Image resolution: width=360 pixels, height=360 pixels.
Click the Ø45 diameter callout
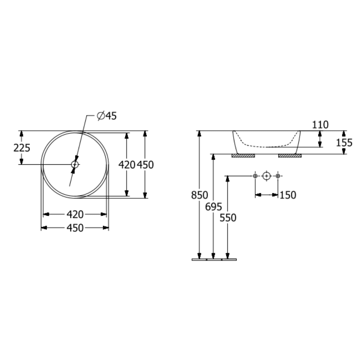coord(107,116)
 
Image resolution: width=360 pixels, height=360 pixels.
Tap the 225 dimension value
coord(22,148)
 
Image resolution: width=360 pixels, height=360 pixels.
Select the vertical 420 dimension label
coord(127,165)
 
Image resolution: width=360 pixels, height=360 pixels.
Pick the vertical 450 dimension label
coord(145,165)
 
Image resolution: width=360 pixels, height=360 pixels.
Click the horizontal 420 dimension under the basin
coord(75,214)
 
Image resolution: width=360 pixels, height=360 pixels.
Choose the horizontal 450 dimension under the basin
coord(75,228)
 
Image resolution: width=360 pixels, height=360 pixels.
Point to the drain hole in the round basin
coord(75,164)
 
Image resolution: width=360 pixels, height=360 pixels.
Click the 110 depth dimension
coord(320,125)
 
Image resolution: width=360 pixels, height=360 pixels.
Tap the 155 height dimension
coord(344,143)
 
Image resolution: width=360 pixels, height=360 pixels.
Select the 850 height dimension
coord(200,195)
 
